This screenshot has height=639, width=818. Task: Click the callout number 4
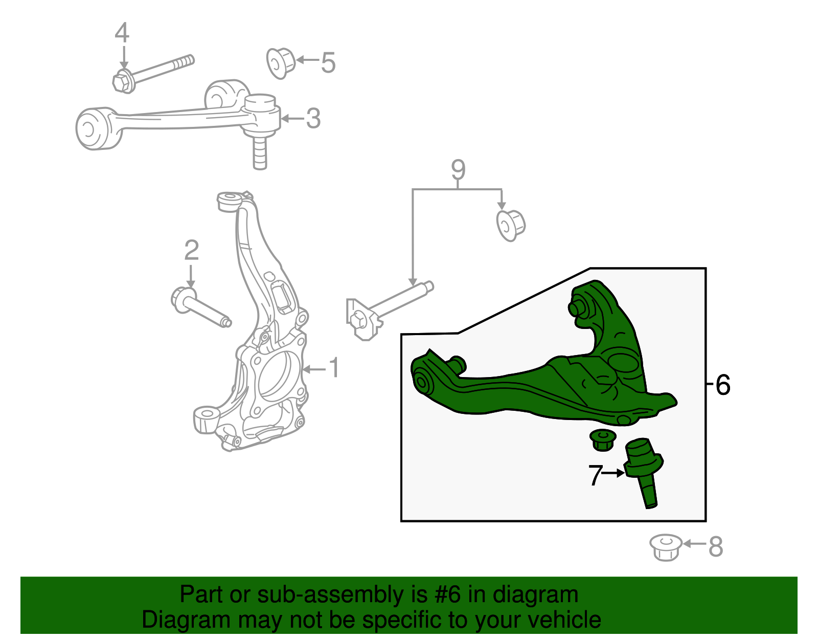(x=122, y=33)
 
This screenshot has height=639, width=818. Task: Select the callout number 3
(x=313, y=119)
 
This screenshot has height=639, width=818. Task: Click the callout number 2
(x=191, y=251)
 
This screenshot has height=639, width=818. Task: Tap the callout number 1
(x=333, y=368)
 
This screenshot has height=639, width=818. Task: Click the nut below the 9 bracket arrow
(x=510, y=225)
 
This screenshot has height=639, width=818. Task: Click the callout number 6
(x=723, y=385)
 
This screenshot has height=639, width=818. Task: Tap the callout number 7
(x=595, y=475)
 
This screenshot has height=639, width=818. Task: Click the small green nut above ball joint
(x=603, y=440)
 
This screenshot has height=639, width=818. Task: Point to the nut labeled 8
(x=666, y=547)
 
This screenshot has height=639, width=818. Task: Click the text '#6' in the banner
(x=447, y=595)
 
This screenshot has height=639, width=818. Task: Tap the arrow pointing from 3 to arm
(x=292, y=119)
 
